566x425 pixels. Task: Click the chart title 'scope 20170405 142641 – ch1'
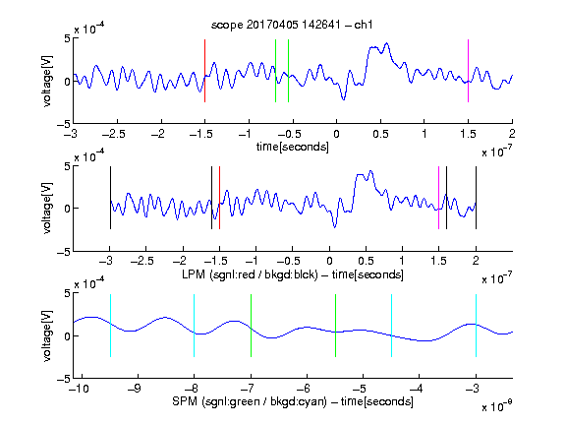292,25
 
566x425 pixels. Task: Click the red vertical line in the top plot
204,71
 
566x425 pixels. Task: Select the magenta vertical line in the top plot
468,71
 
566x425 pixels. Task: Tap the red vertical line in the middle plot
219,198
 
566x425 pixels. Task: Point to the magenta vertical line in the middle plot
438,198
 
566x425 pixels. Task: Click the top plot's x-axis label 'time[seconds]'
293,147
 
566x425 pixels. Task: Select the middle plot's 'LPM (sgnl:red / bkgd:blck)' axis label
250,274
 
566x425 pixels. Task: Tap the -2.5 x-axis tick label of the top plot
114,134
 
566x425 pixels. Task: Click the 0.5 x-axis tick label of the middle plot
366,261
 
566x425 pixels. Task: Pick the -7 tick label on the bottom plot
248,389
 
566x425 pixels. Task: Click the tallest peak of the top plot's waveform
387,43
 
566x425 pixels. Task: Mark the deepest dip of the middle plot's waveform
335,227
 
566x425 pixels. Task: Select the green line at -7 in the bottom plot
251,326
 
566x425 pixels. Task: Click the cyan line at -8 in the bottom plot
195,326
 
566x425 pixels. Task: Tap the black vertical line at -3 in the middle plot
110,198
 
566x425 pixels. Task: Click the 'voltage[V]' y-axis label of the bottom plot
47,335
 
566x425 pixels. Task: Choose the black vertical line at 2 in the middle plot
476,198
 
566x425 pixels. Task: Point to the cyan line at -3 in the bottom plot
476,326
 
